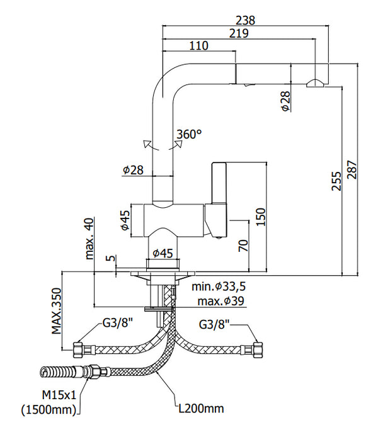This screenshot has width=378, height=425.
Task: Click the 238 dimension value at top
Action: coord(246,20)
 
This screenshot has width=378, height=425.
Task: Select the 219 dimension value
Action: coord(239,33)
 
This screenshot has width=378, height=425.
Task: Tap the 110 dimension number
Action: coord(198,45)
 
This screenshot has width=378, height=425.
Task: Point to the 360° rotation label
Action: coord(189,134)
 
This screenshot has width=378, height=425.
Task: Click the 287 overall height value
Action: coord(353,169)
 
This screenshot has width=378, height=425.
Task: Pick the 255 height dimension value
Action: coord(336,181)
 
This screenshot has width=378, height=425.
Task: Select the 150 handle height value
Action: coord(261,217)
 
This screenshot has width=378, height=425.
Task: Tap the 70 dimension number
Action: coord(243,246)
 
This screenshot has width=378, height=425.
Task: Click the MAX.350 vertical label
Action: coord(57,311)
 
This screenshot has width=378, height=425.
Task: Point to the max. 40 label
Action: coord(89,239)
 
